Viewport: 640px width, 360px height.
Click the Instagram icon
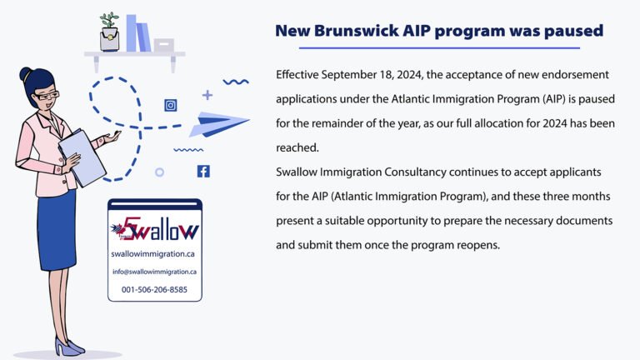[171, 105]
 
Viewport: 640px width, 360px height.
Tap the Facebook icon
[203, 172]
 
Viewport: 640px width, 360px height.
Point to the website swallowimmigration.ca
[155, 253]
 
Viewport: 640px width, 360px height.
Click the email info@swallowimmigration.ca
[155, 272]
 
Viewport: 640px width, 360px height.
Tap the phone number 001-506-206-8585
[155, 290]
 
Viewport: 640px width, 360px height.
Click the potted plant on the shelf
[109, 32]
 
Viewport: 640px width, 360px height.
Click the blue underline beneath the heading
[438, 47]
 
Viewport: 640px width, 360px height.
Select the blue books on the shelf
[137, 33]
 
